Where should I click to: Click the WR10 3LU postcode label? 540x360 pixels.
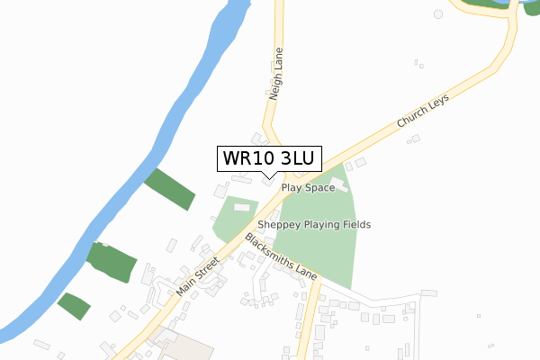(x=265, y=158)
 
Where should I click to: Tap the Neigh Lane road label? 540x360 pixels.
(x=276, y=73)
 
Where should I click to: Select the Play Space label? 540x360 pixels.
(x=308, y=188)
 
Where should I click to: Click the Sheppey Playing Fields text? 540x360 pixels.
(x=314, y=224)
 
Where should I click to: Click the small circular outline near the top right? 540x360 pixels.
(x=438, y=14)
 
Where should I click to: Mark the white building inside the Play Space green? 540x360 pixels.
(x=338, y=185)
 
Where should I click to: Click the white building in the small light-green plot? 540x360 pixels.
(x=241, y=208)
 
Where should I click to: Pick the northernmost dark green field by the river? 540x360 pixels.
(x=169, y=188)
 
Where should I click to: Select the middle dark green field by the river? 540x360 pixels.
(x=112, y=261)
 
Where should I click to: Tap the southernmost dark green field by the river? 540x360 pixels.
(x=74, y=306)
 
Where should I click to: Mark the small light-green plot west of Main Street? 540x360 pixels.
(x=232, y=218)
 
